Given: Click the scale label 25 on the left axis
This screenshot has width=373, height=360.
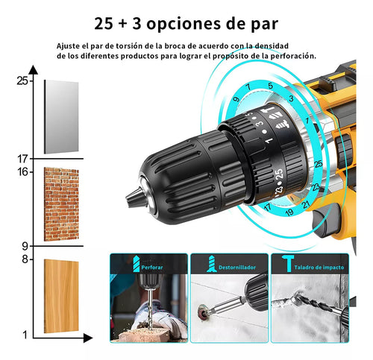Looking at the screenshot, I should (22, 80).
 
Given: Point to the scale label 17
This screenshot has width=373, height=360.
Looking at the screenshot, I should (22, 158).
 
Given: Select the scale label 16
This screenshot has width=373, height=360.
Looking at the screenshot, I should (22, 171).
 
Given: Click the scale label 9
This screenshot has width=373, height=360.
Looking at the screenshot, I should (25, 246).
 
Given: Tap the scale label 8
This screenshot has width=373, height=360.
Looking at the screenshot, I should (25, 259).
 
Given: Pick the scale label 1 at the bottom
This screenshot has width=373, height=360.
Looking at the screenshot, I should (25, 334).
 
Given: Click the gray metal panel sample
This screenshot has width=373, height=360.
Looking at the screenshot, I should (61, 117).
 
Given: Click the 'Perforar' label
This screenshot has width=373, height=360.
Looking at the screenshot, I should (154, 265).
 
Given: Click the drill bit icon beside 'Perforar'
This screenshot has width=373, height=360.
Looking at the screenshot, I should (134, 265).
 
